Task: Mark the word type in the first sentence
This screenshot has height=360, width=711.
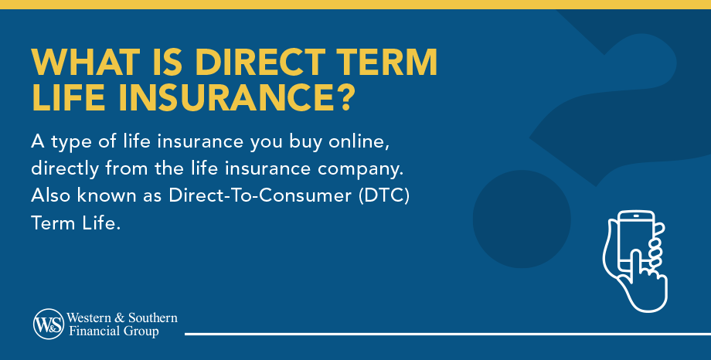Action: (70, 143)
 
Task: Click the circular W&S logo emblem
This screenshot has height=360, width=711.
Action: (48, 324)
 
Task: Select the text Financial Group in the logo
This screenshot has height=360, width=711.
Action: (112, 331)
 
